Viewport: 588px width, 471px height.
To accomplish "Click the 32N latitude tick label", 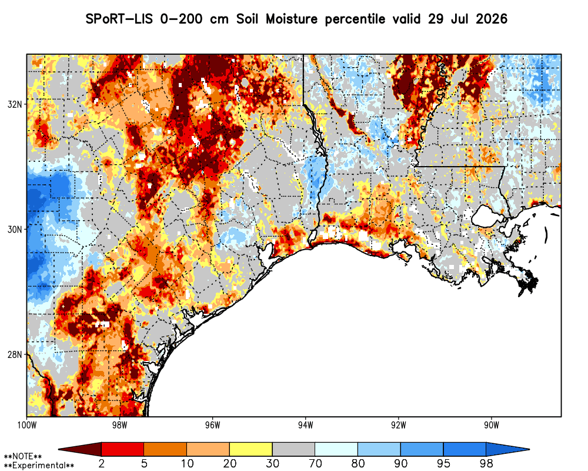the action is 15,104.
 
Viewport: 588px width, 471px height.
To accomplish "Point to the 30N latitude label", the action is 15,229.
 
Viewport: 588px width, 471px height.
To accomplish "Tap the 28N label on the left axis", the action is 15,354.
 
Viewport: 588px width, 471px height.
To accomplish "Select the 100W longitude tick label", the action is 26,425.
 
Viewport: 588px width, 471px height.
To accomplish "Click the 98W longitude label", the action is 119,425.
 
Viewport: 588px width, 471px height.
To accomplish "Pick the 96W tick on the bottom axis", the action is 213,425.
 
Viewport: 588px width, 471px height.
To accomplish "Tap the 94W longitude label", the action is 306,425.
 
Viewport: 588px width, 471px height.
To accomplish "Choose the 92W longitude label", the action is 399,425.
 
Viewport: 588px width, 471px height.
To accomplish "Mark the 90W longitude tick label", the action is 492,425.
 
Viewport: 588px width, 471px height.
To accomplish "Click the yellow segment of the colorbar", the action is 251,449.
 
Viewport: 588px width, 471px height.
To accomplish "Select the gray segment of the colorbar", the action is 293,449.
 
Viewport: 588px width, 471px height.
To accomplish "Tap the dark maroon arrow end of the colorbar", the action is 80,449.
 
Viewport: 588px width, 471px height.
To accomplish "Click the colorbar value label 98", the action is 486,463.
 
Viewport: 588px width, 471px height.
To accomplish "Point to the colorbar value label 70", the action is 315,463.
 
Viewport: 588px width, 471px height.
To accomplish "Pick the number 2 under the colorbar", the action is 102,463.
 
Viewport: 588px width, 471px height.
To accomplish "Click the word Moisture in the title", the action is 292,19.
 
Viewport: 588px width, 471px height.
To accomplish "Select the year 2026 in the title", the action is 492,19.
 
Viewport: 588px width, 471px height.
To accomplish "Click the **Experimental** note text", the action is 39,466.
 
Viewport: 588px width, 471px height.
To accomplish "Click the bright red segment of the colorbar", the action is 123,449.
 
